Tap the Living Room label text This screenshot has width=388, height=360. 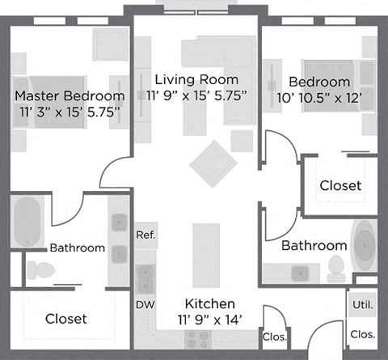(x=196, y=79)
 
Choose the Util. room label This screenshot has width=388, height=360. (x=361, y=305)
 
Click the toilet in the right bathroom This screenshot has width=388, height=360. (x=335, y=269)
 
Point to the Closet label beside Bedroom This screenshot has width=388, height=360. (x=340, y=186)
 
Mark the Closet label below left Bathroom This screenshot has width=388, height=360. (x=65, y=319)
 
